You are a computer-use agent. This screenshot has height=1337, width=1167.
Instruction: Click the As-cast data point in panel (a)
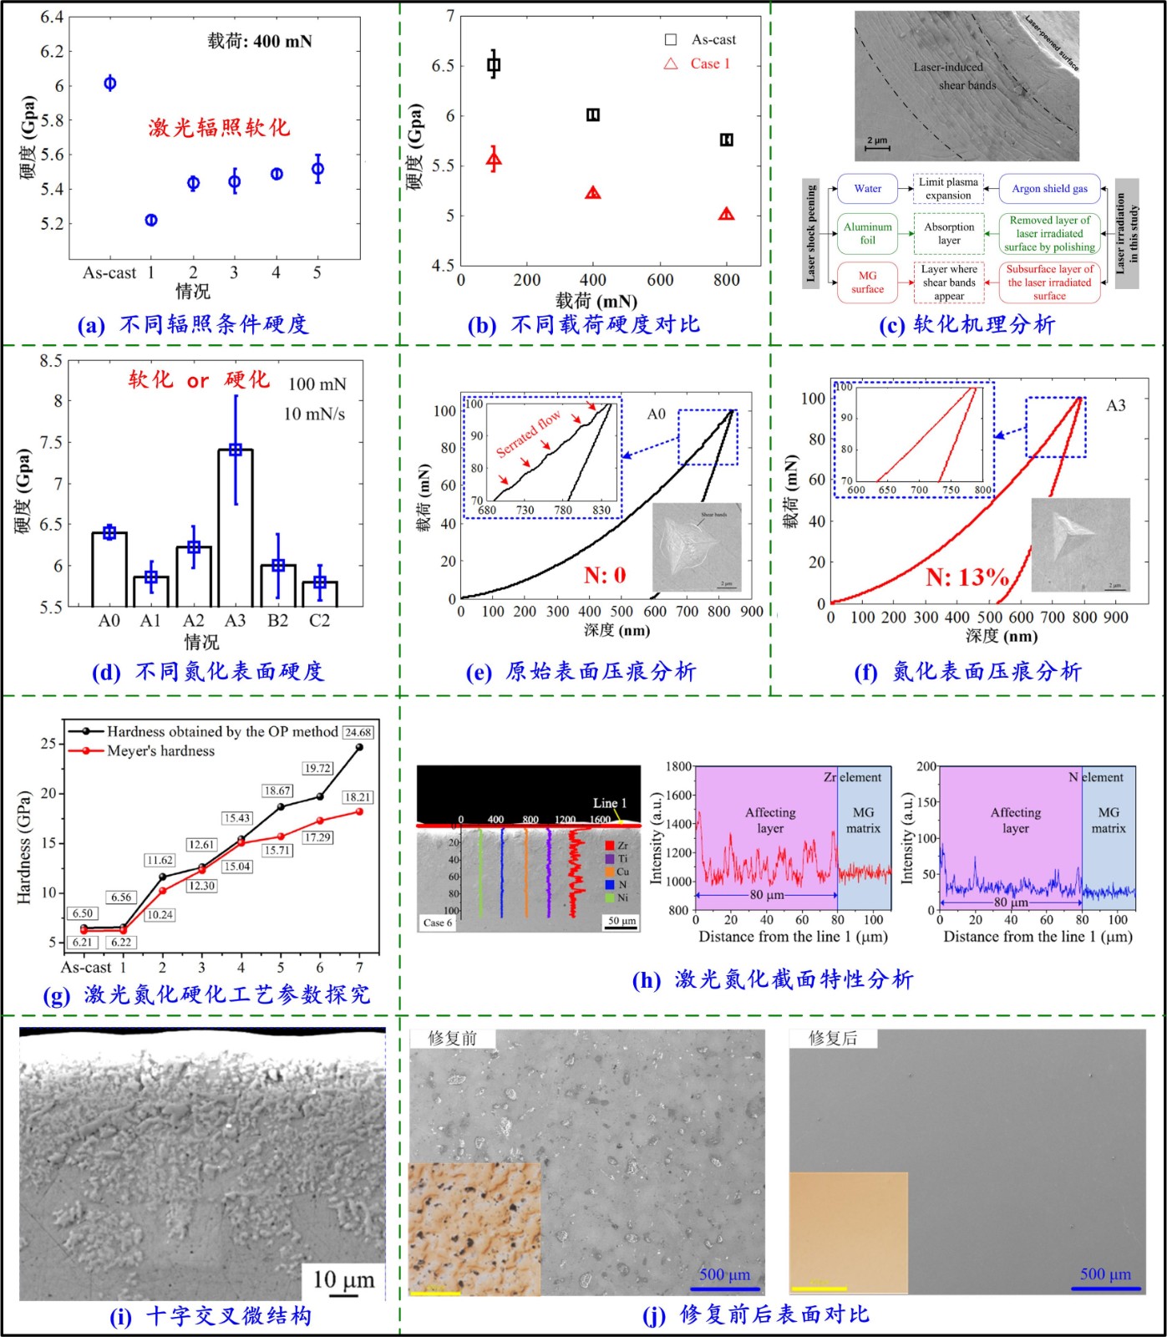109,83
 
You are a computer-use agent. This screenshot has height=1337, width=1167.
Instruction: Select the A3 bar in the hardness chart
236,526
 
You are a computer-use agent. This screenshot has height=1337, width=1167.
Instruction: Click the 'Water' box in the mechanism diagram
867,189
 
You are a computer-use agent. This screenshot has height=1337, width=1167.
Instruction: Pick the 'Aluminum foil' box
867,233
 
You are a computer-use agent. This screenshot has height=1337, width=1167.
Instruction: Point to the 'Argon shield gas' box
1049,189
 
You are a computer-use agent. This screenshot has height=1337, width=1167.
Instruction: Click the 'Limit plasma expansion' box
948,189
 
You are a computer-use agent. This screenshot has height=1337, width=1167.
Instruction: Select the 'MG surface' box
867,282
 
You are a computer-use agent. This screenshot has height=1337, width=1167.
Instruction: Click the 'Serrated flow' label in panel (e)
529,435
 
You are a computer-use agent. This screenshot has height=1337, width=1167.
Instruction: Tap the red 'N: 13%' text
967,577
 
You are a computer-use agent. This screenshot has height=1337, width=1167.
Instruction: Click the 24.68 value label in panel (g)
358,732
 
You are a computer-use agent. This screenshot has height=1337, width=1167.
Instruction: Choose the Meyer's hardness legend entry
160,751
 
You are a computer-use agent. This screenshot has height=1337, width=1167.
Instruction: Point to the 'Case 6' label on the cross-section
438,923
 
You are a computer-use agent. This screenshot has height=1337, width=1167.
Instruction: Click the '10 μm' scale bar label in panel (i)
343,1280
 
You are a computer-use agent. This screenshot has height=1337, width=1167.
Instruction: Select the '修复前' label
452,1038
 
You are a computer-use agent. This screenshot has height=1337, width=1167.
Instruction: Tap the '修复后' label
833,1038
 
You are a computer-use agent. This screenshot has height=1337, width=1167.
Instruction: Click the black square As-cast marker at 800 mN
726,140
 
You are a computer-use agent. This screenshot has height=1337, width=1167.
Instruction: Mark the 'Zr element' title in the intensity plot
852,777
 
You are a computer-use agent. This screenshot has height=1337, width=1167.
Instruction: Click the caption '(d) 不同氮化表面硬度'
207,671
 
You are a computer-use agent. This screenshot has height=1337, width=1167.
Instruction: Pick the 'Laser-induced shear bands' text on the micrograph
954,76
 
